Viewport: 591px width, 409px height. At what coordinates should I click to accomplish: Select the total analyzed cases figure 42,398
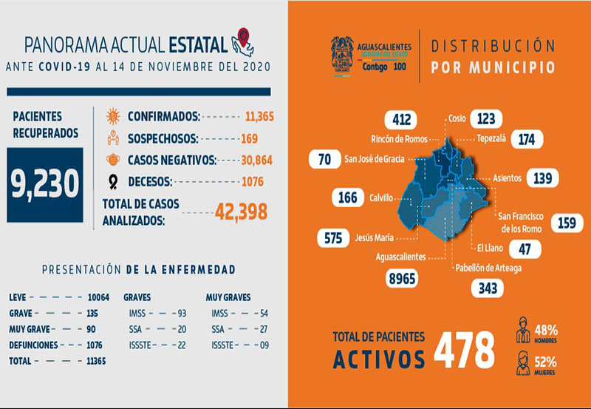pyautogui.click(x=241, y=212)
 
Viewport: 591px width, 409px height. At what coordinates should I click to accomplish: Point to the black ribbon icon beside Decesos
pyautogui.click(x=114, y=181)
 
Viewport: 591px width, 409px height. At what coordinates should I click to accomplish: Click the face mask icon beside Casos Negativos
pyautogui.click(x=114, y=159)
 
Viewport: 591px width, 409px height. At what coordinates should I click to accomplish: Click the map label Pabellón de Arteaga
pyautogui.click(x=488, y=268)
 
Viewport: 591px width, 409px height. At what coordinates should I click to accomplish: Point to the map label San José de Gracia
pyautogui.click(x=375, y=158)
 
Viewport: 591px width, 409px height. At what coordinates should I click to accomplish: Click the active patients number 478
pyautogui.click(x=463, y=349)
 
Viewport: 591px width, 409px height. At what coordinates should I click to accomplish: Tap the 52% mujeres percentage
pyautogui.click(x=547, y=362)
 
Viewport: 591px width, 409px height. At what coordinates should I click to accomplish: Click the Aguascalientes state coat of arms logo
pyautogui.click(x=341, y=55)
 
